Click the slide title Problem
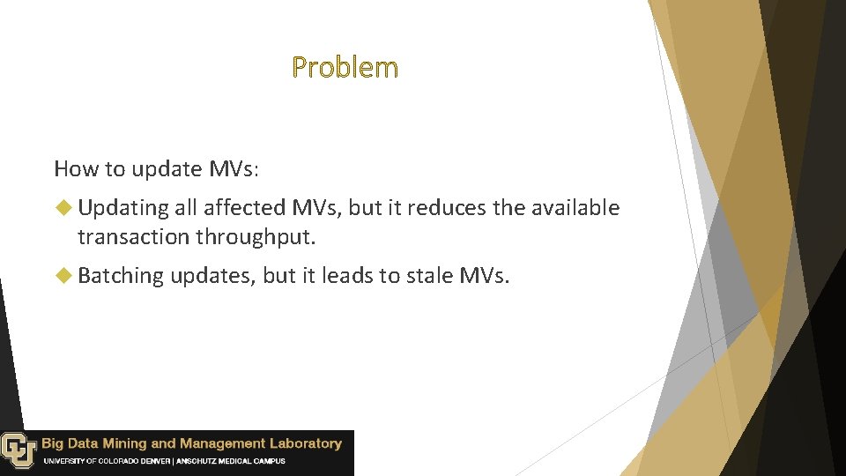345,67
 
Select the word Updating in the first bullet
122,208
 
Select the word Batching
121,276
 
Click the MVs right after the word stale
485,276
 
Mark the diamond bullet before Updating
62,208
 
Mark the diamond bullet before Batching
62,276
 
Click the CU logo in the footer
18,450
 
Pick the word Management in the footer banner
219,443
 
